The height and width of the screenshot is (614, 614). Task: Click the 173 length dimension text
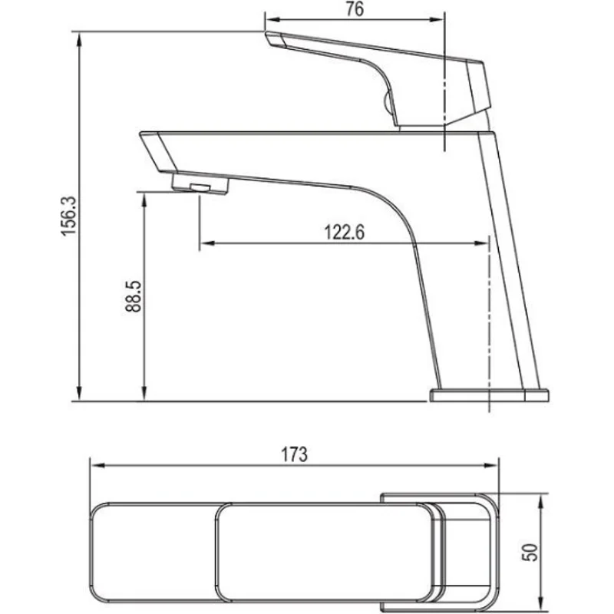click(295, 454)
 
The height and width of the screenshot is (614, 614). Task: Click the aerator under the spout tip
click(201, 184)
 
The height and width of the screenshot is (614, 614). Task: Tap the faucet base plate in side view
click(490, 394)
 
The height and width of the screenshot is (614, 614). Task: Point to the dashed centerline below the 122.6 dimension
click(489, 322)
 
